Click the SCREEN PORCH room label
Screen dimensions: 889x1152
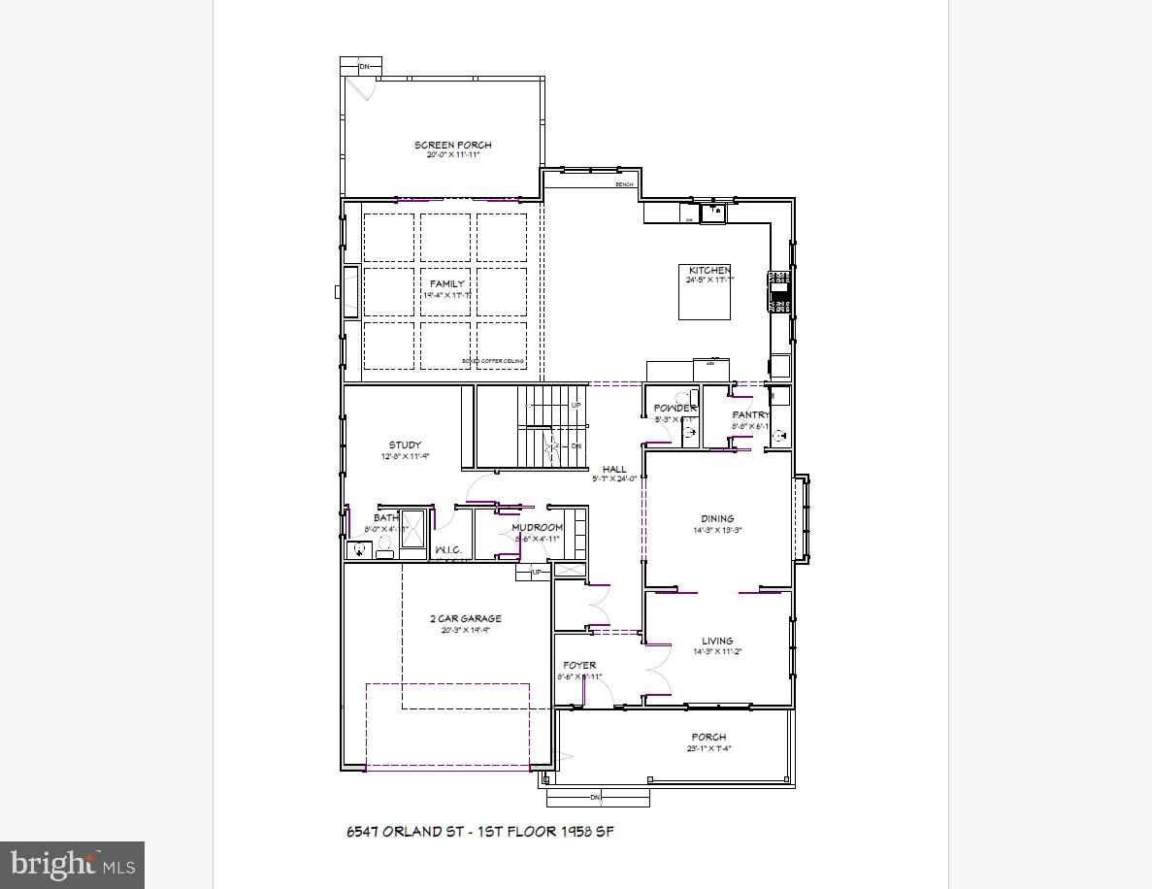452,145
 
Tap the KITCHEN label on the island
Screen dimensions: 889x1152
709,270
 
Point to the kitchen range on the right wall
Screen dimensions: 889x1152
778,292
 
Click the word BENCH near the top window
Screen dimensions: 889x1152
624,184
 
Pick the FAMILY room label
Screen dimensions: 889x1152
447,283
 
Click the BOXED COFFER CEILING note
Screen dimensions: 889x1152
493,361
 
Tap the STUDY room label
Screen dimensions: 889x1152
405,445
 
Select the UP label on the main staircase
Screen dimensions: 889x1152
576,405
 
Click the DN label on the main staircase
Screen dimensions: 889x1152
576,446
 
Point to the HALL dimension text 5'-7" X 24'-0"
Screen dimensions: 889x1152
614,478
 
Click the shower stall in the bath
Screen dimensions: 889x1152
412,531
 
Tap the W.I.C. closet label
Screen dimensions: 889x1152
447,550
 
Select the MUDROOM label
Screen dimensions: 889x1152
537,527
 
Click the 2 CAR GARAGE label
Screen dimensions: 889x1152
466,618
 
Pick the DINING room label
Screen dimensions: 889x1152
718,518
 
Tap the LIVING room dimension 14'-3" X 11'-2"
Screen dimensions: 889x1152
717,652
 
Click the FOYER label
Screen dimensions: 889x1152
579,665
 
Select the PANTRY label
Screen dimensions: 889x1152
750,414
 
